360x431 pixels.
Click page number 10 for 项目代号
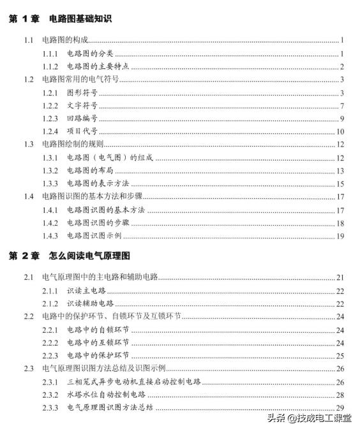coord(340,132)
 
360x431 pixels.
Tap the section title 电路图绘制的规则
coord(73,145)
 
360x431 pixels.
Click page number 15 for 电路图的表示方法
coord(340,184)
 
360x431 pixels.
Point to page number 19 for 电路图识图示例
coord(340,236)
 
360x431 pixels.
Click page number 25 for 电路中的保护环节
coord(340,356)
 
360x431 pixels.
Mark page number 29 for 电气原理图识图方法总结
coord(340,408)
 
